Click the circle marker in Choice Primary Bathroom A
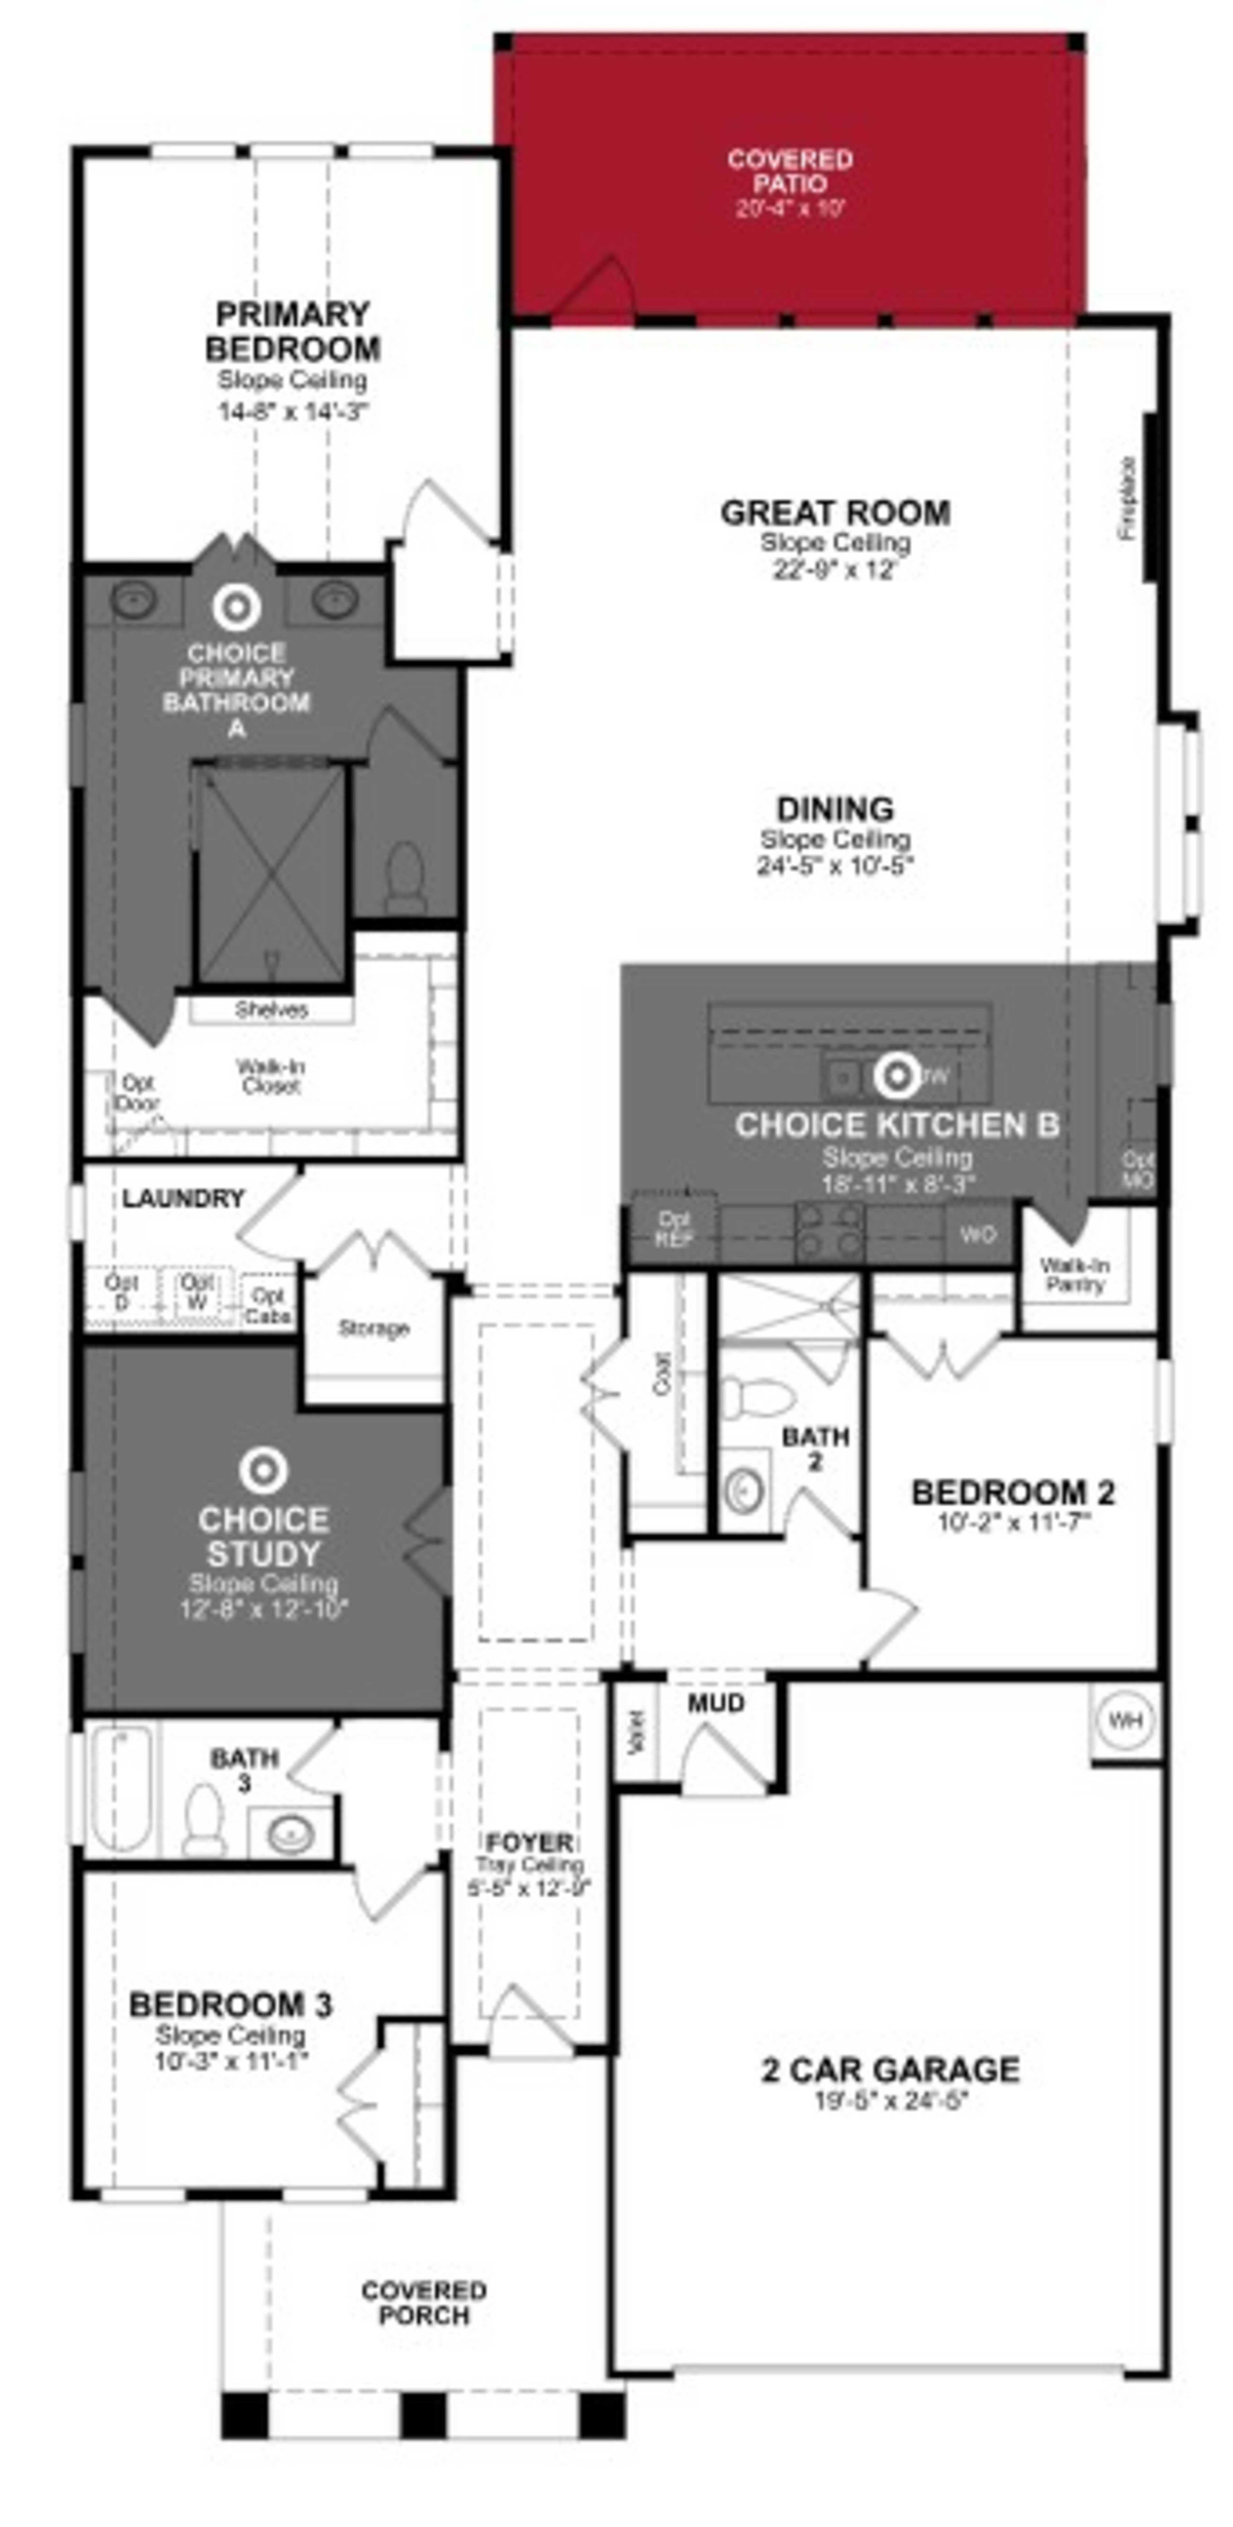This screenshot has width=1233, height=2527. (236, 607)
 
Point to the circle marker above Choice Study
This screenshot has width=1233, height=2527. (263, 1471)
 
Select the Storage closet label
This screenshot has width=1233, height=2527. (373, 1328)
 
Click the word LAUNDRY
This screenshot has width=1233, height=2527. (183, 1199)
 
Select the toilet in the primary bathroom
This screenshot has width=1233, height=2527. (405, 876)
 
